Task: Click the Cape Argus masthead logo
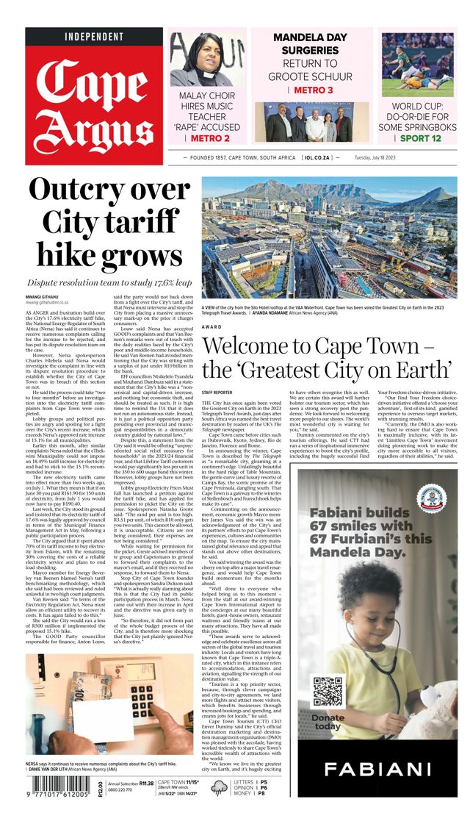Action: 94,101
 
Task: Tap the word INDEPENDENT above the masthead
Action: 94,36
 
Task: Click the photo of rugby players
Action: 418,65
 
